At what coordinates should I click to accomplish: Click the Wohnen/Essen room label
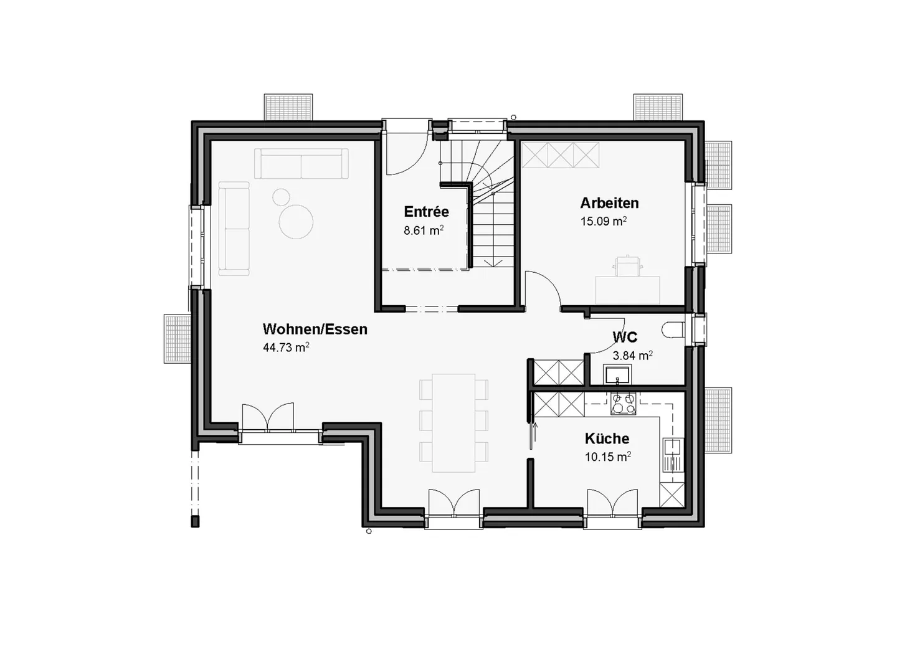(315, 329)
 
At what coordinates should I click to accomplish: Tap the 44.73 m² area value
(286, 348)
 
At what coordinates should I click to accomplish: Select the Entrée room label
(426, 211)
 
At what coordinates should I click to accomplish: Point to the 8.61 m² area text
(424, 230)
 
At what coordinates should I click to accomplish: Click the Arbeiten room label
(609, 203)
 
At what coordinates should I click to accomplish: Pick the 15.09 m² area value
(603, 221)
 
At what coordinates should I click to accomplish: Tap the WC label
(625, 338)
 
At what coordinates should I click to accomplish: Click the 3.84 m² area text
(632, 356)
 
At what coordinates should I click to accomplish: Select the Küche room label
(607, 438)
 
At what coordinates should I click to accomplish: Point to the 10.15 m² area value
(607, 457)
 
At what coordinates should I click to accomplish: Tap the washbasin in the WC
(617, 374)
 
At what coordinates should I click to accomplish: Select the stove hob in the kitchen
(623, 404)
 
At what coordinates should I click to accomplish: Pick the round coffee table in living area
(296, 222)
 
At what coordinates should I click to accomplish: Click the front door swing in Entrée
(405, 153)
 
